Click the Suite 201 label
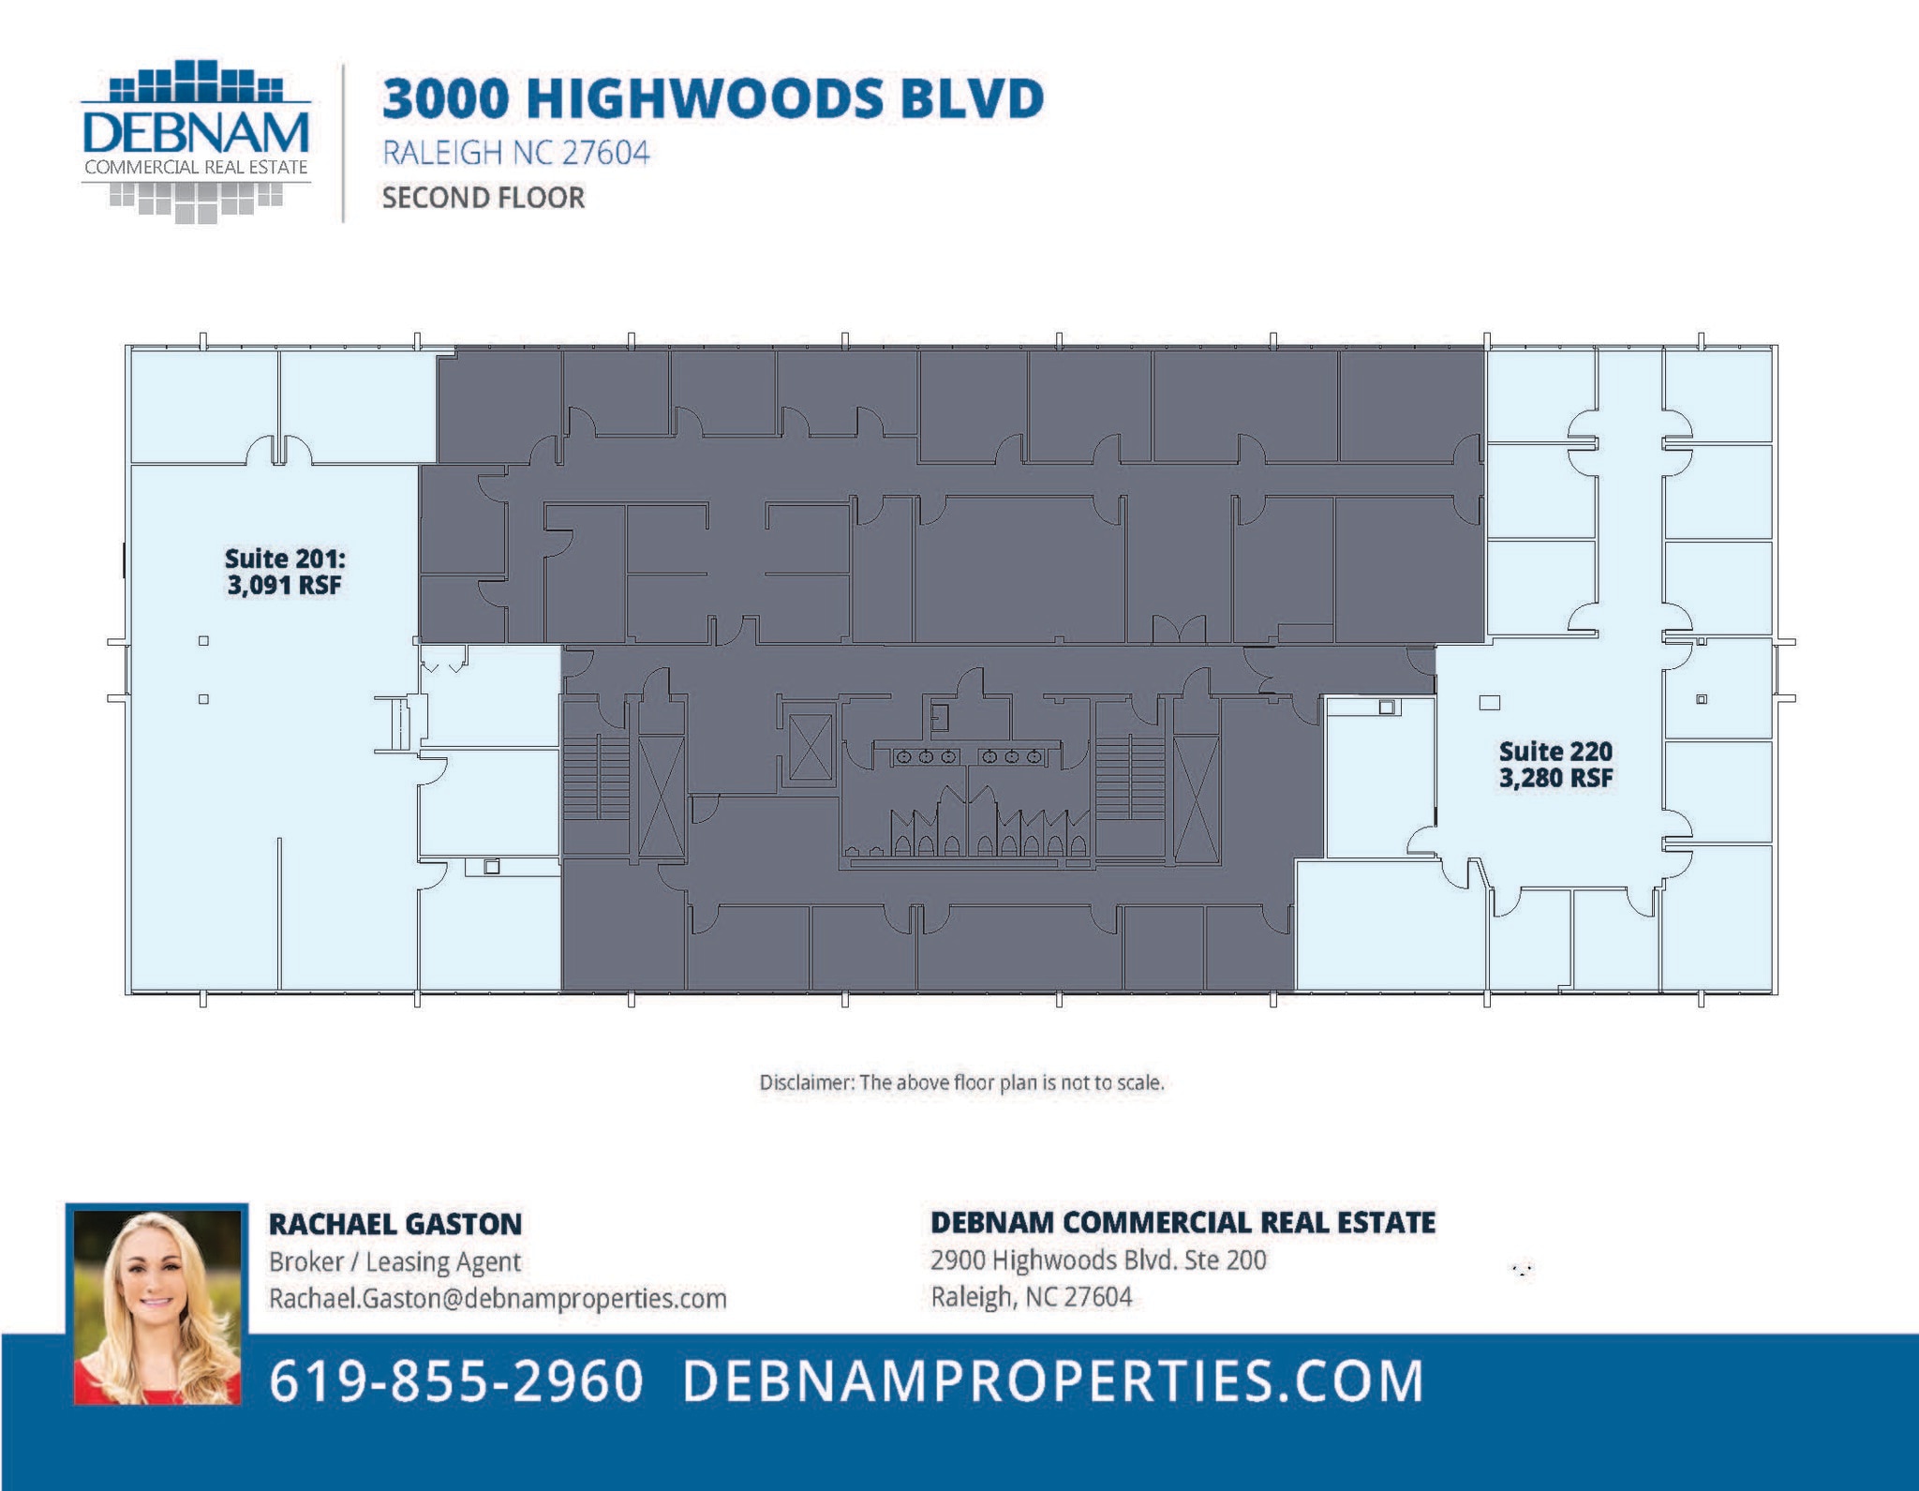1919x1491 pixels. click(285, 559)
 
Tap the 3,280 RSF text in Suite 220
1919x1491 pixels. click(1555, 778)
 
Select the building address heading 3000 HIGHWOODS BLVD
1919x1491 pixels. click(712, 98)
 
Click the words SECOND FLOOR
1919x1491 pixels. click(483, 198)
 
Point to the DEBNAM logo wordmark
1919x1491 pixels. click(196, 133)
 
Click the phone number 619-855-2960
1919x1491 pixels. click(456, 1381)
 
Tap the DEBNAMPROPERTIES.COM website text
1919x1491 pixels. click(1052, 1381)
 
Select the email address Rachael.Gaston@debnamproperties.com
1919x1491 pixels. click(498, 1299)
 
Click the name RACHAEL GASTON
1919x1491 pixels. click(394, 1224)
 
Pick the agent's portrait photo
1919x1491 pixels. click(157, 1306)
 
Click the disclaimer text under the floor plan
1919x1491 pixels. click(961, 1083)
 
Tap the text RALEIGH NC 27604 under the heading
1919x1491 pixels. click(515, 153)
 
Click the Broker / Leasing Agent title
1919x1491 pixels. click(394, 1262)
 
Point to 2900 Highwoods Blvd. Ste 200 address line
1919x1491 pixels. click(1098, 1260)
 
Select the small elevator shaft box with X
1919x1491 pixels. click(811, 747)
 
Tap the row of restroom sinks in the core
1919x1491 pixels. click(968, 756)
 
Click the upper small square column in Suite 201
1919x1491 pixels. click(203, 641)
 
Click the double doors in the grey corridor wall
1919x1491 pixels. click(1179, 630)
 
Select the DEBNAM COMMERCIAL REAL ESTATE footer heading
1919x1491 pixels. click(1183, 1223)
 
